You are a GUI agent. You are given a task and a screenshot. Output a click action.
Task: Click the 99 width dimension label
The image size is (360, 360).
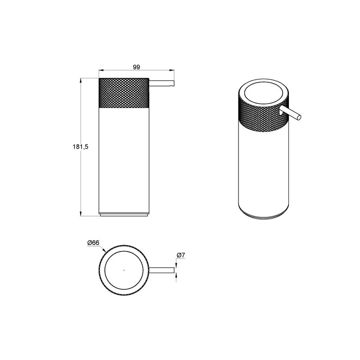(136, 67)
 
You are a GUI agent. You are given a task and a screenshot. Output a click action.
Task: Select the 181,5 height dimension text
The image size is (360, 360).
(81, 147)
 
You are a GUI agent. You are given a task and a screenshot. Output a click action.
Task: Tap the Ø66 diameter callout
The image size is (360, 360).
(93, 243)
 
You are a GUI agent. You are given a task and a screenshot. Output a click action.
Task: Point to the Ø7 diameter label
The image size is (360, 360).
(181, 255)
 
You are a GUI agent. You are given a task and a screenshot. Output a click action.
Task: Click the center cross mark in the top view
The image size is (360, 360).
(124, 270)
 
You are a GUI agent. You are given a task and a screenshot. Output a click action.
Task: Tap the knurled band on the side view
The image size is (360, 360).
(124, 93)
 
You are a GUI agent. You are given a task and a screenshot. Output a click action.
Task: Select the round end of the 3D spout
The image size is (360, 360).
(299, 117)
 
